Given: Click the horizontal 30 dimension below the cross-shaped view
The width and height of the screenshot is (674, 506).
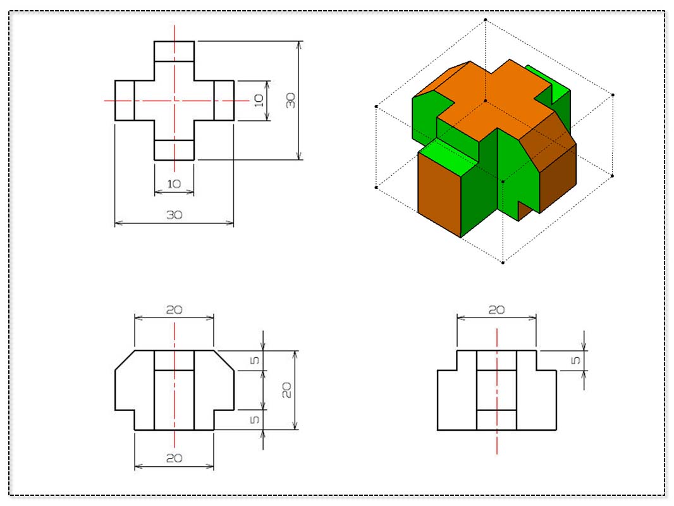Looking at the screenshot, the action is pyautogui.click(x=174, y=214).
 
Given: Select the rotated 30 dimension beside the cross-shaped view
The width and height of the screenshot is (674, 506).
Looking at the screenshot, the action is pyautogui.click(x=291, y=100).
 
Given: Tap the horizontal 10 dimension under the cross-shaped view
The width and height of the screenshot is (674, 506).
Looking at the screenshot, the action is pyautogui.click(x=174, y=184).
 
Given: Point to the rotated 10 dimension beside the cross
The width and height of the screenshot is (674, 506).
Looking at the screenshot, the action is pyautogui.click(x=259, y=101).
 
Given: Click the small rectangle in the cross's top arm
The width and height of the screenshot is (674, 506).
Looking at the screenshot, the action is pyautogui.click(x=174, y=51).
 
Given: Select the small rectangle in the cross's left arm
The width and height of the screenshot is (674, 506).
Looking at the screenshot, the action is pyautogui.click(x=125, y=100).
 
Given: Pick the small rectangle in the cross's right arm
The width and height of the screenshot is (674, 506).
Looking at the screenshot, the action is pyautogui.click(x=224, y=100).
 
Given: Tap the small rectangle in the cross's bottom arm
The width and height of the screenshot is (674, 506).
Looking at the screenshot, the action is pyautogui.click(x=174, y=150).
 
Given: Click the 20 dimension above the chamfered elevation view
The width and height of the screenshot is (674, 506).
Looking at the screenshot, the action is pyautogui.click(x=174, y=309).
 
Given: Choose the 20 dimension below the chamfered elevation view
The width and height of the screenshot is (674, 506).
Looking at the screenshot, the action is pyautogui.click(x=174, y=459).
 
